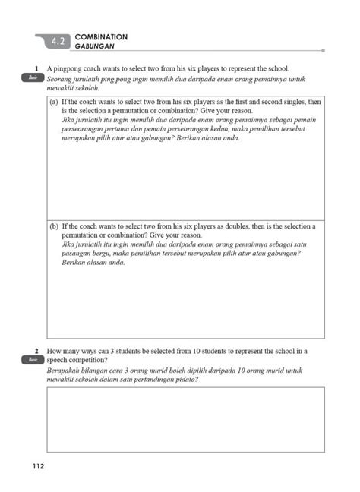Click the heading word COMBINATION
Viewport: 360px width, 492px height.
(101, 36)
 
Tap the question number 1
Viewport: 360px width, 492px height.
(36, 68)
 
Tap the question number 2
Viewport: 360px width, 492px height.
(36, 352)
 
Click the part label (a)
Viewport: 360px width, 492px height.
(55, 101)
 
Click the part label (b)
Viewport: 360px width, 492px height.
(55, 226)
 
